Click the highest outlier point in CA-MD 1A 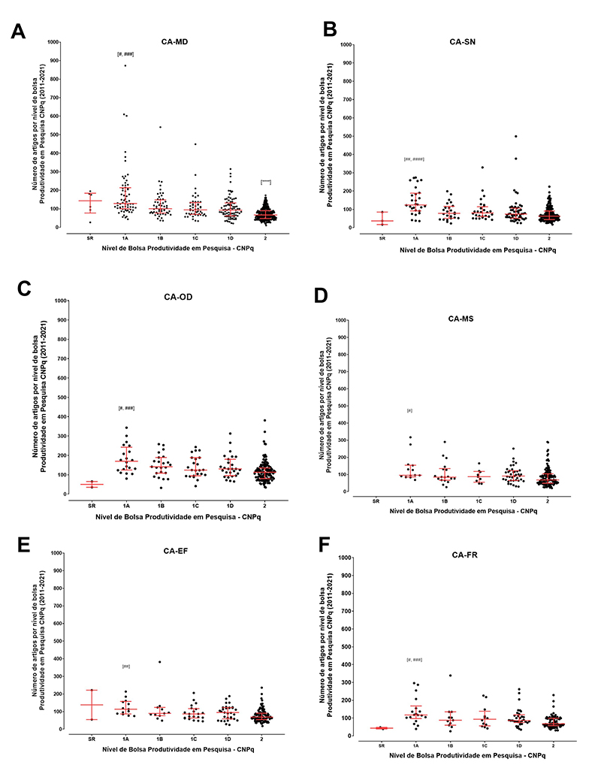125,65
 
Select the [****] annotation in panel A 266,181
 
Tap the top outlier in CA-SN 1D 516,136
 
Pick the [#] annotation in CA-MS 409,410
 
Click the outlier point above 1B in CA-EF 160,662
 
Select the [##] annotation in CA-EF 126,667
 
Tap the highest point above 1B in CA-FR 450,676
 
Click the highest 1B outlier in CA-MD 160,127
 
